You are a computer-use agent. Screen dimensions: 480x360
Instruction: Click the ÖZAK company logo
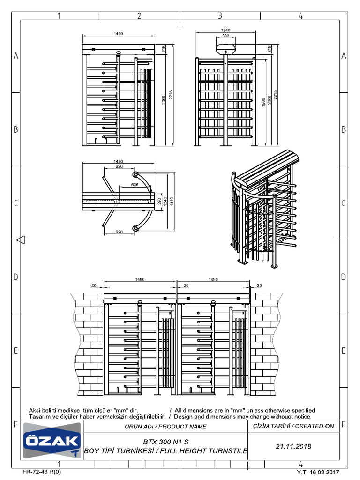click(52, 441)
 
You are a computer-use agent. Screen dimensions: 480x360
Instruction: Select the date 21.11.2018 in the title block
click(294, 446)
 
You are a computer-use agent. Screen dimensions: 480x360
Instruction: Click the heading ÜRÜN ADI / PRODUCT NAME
click(165, 427)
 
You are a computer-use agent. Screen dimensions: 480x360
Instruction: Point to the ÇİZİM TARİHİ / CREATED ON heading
click(293, 426)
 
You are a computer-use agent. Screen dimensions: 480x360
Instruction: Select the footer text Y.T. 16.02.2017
click(317, 472)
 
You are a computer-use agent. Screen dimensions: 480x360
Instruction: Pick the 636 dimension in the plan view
click(135, 185)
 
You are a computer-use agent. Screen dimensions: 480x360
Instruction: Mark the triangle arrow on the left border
click(20, 240)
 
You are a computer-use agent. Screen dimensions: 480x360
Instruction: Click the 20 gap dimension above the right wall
click(259, 285)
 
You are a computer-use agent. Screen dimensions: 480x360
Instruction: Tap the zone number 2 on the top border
click(139, 16)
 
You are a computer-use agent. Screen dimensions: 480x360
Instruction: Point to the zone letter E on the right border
click(344, 351)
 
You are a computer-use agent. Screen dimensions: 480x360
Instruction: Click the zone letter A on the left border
click(16, 56)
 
